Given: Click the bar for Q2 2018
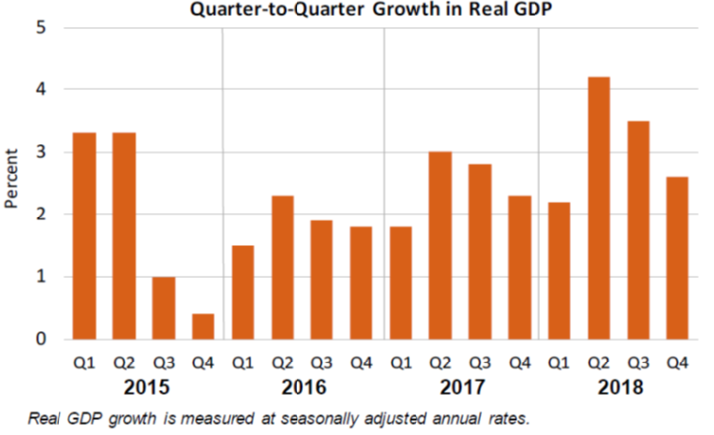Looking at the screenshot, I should [598, 208].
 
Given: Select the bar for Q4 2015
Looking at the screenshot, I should [202, 326].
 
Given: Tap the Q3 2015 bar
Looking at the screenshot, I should [163, 307].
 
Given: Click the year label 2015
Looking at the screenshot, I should [143, 385].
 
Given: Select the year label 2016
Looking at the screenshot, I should [301, 385].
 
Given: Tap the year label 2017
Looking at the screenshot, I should [460, 385].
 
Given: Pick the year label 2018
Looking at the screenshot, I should [618, 385].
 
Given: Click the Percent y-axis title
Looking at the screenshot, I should [12, 179].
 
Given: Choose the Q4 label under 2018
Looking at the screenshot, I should [677, 362].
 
